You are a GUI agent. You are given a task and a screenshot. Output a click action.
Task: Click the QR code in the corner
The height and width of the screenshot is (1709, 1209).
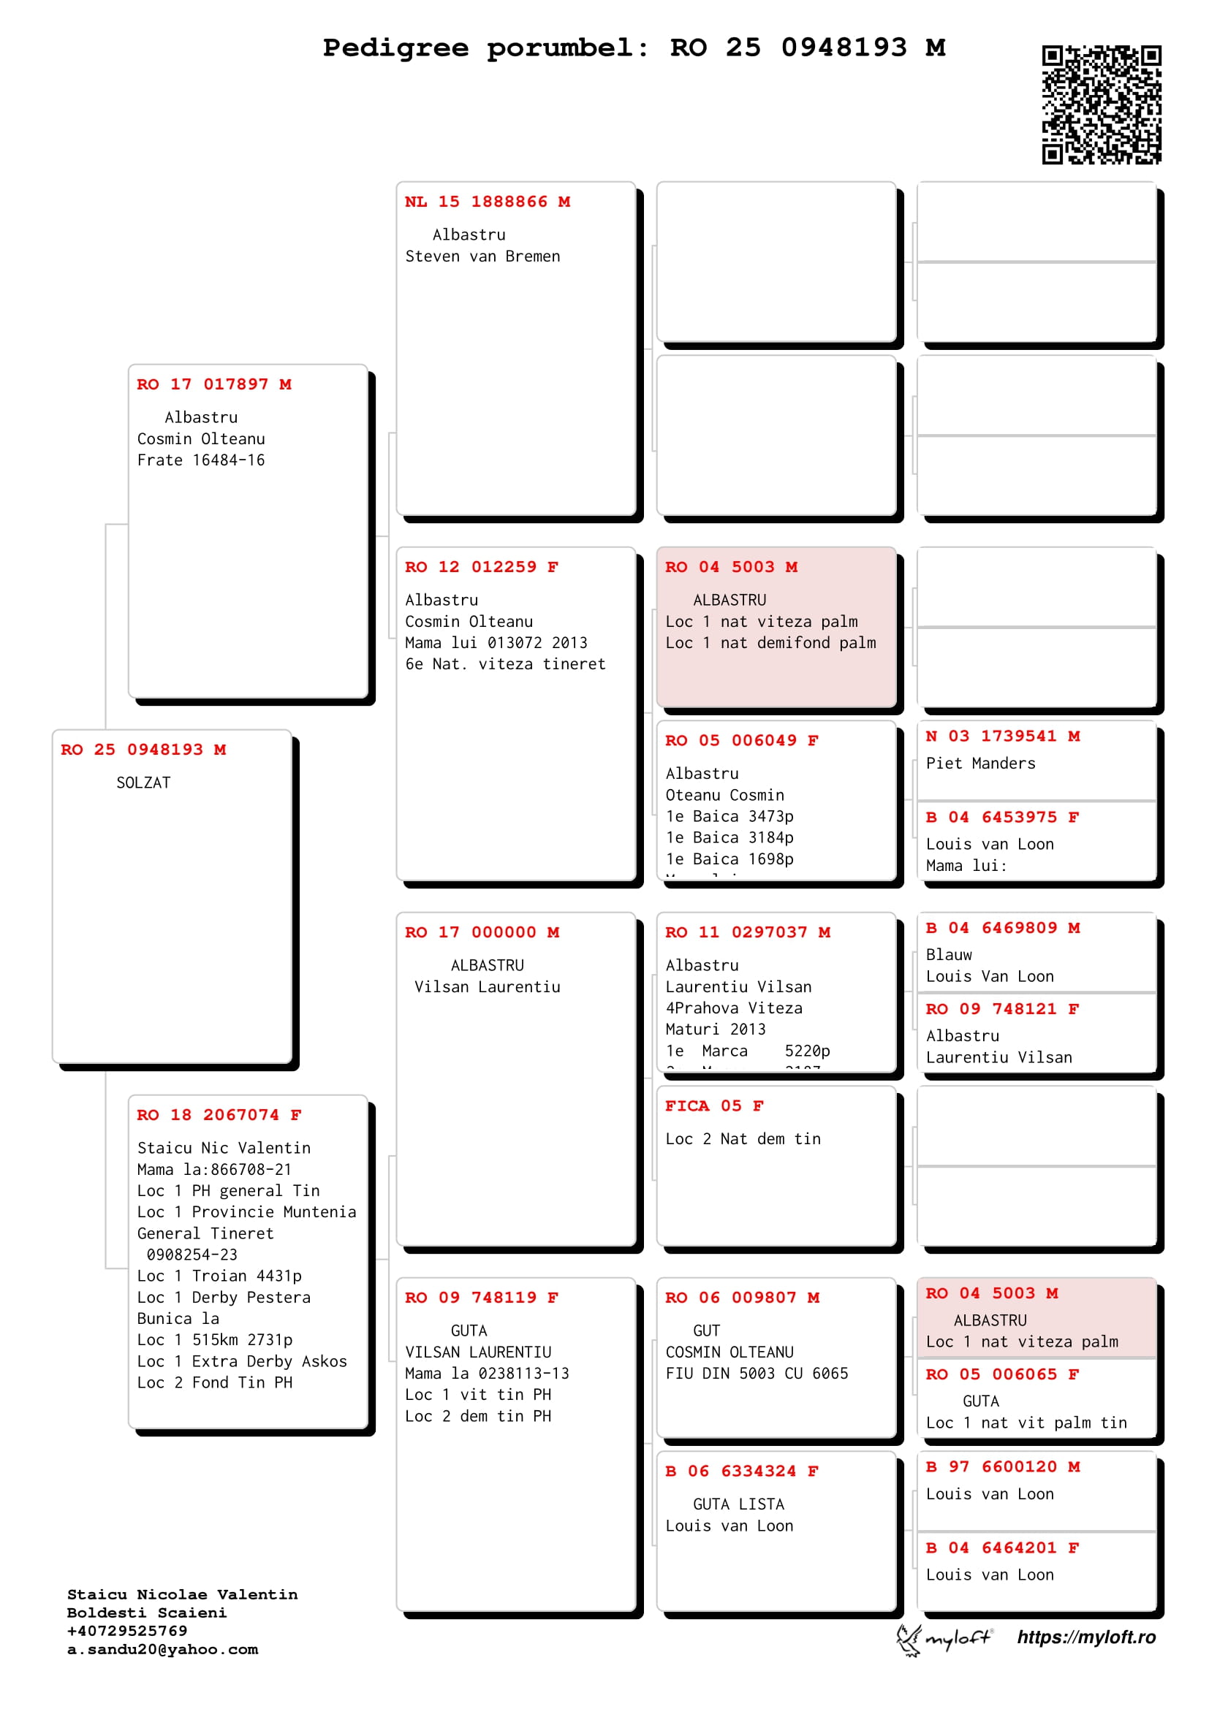(1101, 104)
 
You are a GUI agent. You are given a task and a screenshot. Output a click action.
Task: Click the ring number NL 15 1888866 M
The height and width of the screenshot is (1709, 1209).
(487, 202)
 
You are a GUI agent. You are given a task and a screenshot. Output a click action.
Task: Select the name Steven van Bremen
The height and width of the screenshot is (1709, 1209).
(482, 256)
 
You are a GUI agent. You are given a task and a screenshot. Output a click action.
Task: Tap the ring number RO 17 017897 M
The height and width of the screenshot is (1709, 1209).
(213, 384)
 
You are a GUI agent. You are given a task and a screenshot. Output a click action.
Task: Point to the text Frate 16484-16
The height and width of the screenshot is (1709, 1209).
(201, 461)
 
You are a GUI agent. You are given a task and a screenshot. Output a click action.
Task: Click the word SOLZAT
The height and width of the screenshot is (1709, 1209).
(144, 783)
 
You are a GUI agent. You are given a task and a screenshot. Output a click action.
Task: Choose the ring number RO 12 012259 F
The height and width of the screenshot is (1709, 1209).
(481, 567)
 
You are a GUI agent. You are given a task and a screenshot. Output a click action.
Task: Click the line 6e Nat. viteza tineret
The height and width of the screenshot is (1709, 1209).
(505, 665)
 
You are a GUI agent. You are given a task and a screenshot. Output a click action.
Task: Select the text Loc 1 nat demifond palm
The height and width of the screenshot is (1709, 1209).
(770, 643)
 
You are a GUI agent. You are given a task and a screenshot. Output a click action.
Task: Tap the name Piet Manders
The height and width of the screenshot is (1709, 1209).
(980, 764)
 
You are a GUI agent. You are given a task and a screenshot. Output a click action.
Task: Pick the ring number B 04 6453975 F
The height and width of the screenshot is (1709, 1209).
(1002, 818)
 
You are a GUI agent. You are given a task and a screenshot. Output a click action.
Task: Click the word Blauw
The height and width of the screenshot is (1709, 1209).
(949, 955)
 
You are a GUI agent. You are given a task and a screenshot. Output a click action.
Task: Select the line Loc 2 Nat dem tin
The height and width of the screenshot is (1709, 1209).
(743, 1140)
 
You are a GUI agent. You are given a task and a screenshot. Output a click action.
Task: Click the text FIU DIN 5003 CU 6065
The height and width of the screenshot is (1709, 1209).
(757, 1374)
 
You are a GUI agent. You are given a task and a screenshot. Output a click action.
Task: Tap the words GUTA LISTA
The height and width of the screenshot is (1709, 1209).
(738, 1505)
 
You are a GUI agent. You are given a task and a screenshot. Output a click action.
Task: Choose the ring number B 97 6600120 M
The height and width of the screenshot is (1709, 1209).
(1002, 1467)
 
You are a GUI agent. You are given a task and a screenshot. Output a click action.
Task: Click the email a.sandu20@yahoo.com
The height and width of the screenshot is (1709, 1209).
(162, 1650)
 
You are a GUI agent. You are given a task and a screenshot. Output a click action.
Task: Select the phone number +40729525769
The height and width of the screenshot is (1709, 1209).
(127, 1631)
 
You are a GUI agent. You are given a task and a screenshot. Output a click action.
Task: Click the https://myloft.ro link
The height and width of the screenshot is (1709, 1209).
(1086, 1637)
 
